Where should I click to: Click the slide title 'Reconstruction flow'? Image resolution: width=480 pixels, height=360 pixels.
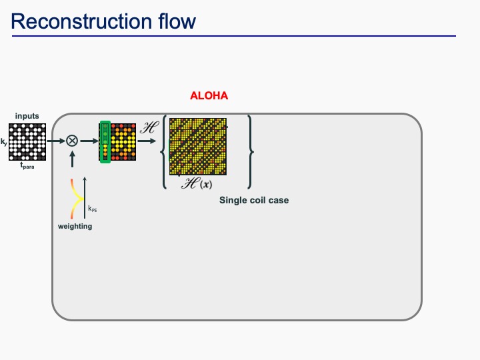coord(103,21)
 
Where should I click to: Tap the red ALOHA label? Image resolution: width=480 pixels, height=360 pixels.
coord(209,96)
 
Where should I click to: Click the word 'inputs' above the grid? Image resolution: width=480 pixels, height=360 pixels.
coord(27,116)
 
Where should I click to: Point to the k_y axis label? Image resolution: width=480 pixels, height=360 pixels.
coord(4,142)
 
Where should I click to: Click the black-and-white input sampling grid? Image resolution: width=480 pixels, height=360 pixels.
coord(27,141)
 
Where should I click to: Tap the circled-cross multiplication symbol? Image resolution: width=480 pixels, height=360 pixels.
coord(71,141)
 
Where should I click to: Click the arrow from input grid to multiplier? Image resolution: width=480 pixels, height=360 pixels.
coord(55,141)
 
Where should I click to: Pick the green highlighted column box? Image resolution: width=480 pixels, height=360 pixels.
coord(105,141)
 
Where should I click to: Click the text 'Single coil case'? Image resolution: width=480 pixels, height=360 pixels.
coord(254,200)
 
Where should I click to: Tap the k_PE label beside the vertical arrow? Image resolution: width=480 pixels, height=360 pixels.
coord(92,209)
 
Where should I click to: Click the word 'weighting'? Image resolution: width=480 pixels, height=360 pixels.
coord(75,227)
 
